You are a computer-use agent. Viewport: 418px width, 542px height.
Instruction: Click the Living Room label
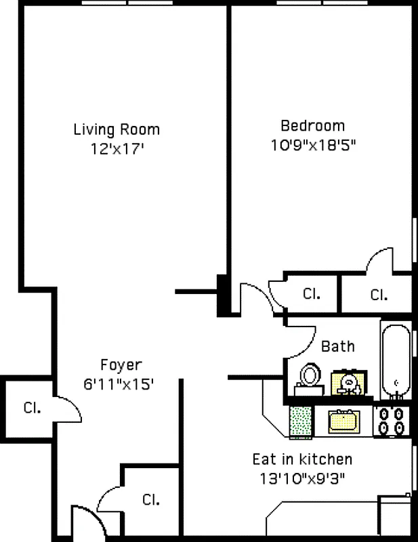[x=117, y=129]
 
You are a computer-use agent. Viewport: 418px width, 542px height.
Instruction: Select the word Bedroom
[x=312, y=126]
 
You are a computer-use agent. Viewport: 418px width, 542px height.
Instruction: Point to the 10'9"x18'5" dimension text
[x=312, y=144]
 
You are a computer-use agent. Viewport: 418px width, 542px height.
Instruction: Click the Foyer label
[x=121, y=364]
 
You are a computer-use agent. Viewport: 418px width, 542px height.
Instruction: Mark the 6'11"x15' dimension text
[x=119, y=383]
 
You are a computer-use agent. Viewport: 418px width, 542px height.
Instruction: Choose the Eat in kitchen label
[x=302, y=459]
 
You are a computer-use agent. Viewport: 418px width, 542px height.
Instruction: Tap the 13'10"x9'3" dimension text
[x=302, y=478]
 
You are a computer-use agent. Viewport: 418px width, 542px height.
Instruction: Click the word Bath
[x=337, y=347]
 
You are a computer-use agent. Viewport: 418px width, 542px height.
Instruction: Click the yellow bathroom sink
[x=350, y=383]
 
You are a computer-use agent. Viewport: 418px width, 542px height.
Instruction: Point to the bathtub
[x=396, y=359]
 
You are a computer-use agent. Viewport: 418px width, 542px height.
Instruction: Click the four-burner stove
[x=392, y=420]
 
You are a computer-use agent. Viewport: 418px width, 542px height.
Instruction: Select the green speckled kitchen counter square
[x=300, y=421]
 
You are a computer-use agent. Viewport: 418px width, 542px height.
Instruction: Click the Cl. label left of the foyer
[x=32, y=408]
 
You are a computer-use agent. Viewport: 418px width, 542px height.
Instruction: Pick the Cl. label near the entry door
[x=150, y=500]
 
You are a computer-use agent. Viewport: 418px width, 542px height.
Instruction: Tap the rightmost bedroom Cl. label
[x=379, y=295]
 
